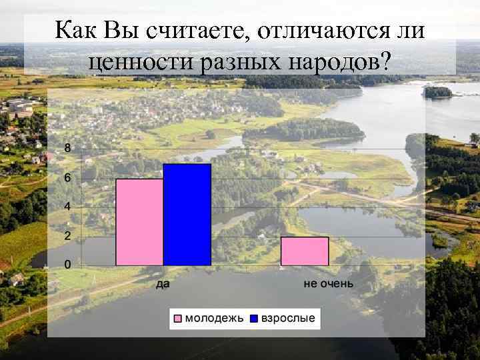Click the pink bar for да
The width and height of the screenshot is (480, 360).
point(139,222)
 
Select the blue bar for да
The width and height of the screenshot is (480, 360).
point(187,215)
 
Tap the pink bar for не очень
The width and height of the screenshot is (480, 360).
point(305,251)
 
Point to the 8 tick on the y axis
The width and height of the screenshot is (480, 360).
point(67,149)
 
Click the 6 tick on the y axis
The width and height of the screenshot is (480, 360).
point(67,178)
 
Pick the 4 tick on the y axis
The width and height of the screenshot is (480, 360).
point(67,207)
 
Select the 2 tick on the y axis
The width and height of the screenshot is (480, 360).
point(67,236)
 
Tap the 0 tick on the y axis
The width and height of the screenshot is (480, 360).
point(67,265)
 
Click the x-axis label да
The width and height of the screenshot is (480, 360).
point(163,285)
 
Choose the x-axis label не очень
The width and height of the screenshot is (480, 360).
point(328,285)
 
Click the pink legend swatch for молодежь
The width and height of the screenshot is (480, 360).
point(178,318)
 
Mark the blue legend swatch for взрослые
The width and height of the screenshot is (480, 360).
point(254,318)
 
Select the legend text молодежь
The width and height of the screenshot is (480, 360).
point(214,318)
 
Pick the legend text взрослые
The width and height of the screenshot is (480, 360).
point(287,318)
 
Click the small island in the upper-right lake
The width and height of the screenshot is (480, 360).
point(438,92)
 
